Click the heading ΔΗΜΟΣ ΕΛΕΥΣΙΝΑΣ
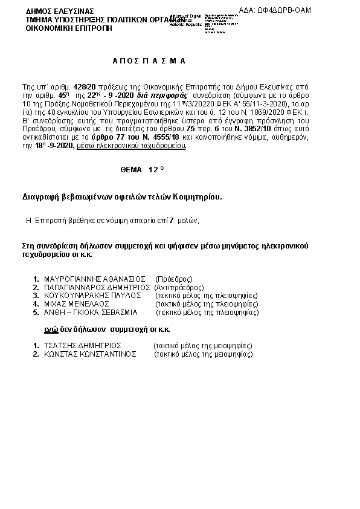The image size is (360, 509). coord(52,11)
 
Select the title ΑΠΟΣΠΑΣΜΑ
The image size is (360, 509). coord(149,62)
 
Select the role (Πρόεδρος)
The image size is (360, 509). coord(174,279)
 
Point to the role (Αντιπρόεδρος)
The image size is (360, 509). coord(179,288)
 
